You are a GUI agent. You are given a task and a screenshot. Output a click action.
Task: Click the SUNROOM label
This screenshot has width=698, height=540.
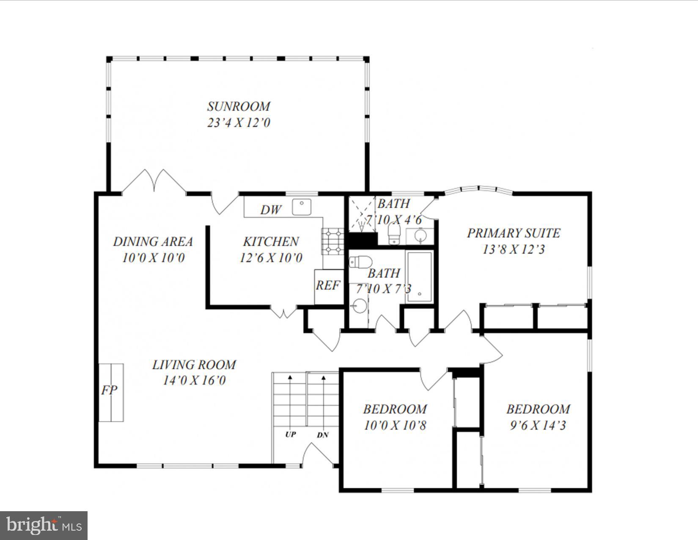pyautogui.click(x=239, y=106)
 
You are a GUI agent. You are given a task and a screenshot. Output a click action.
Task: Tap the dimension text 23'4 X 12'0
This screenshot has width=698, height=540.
pyautogui.click(x=239, y=123)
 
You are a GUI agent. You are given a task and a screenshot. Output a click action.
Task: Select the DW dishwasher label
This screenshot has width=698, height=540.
pyautogui.click(x=270, y=210)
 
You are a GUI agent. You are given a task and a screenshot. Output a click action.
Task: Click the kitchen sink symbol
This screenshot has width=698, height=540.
pyautogui.click(x=302, y=207)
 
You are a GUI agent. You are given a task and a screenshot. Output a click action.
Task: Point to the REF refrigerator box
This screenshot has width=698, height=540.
pyautogui.click(x=328, y=286)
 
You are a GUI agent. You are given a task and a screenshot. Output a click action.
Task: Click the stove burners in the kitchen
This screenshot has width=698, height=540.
pyautogui.click(x=333, y=241)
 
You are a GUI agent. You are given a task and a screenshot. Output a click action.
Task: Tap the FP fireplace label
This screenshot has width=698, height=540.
pyautogui.click(x=109, y=390)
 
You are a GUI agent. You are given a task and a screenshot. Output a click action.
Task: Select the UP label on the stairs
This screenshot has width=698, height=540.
pyautogui.click(x=290, y=435)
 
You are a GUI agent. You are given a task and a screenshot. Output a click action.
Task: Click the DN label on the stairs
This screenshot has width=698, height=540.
pyautogui.click(x=323, y=435)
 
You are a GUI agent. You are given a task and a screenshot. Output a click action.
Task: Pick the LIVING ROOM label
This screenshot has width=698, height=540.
pyautogui.click(x=194, y=365)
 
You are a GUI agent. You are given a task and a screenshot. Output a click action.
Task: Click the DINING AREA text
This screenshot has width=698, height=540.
pyautogui.click(x=153, y=241)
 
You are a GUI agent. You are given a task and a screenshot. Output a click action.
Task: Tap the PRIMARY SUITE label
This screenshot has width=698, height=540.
pyautogui.click(x=513, y=233)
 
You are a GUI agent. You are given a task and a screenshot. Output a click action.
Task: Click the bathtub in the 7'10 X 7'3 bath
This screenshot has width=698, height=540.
pyautogui.click(x=419, y=277)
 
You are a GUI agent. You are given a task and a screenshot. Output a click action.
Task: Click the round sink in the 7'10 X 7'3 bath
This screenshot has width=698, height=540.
pyautogui.click(x=360, y=305)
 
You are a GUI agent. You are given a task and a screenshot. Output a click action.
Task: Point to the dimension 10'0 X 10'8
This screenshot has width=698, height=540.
pyautogui.click(x=395, y=425)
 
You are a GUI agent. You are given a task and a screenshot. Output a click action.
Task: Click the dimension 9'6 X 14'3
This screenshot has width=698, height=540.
pyautogui.click(x=538, y=425)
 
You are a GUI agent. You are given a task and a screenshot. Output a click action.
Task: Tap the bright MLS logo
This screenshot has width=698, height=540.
pyautogui.click(x=44, y=526)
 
